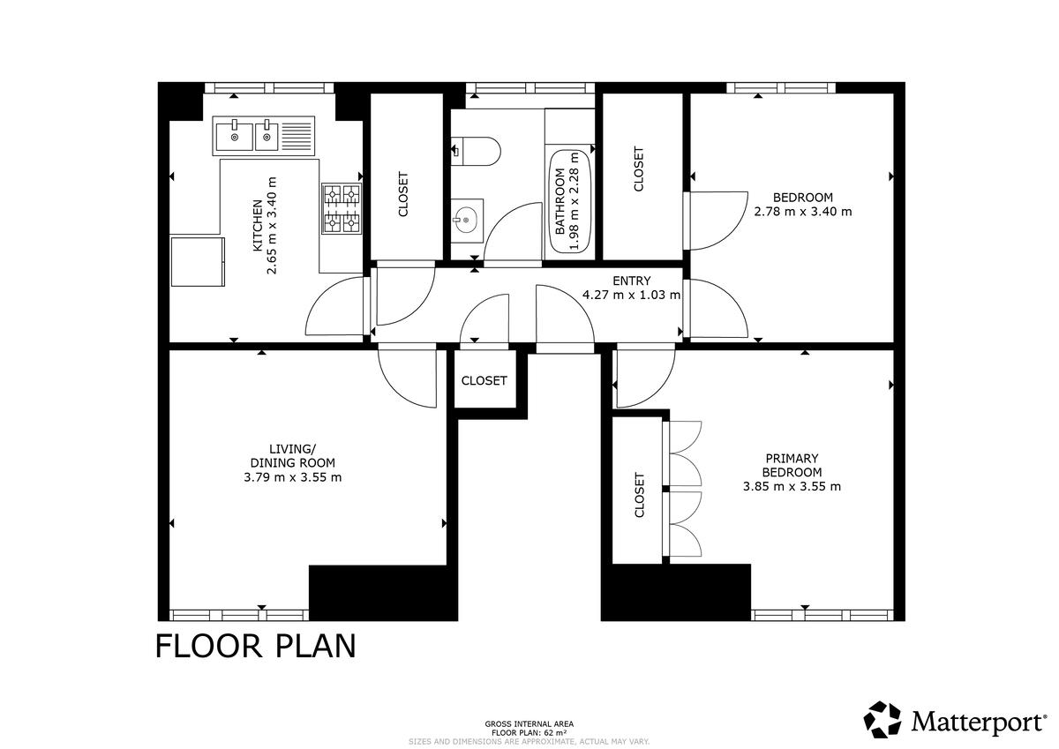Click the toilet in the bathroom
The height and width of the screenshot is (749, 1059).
coord(475,151)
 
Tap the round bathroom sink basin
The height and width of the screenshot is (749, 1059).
coord(466,221)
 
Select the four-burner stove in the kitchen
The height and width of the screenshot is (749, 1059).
coord(342,209)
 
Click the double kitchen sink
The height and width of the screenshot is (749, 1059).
coord(263,136)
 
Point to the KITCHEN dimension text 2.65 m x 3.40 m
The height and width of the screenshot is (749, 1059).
coord(272,226)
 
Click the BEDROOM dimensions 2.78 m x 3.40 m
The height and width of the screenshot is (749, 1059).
coord(803,212)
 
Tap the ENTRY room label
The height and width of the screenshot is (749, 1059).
coord(632,281)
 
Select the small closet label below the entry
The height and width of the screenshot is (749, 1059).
coord(484,380)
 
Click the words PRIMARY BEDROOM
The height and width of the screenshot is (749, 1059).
coord(792,465)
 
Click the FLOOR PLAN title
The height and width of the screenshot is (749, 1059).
coord(255,647)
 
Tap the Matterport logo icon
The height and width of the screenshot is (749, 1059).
coord(882,719)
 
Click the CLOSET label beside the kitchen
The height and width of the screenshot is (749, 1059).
coord(402,194)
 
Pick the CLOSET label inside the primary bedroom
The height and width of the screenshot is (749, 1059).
coord(639,495)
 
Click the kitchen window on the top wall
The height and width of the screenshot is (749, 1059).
coord(269,88)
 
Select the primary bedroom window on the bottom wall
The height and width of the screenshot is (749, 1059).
coord(822,615)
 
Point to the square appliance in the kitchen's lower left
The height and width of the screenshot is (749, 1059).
coord(198,262)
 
